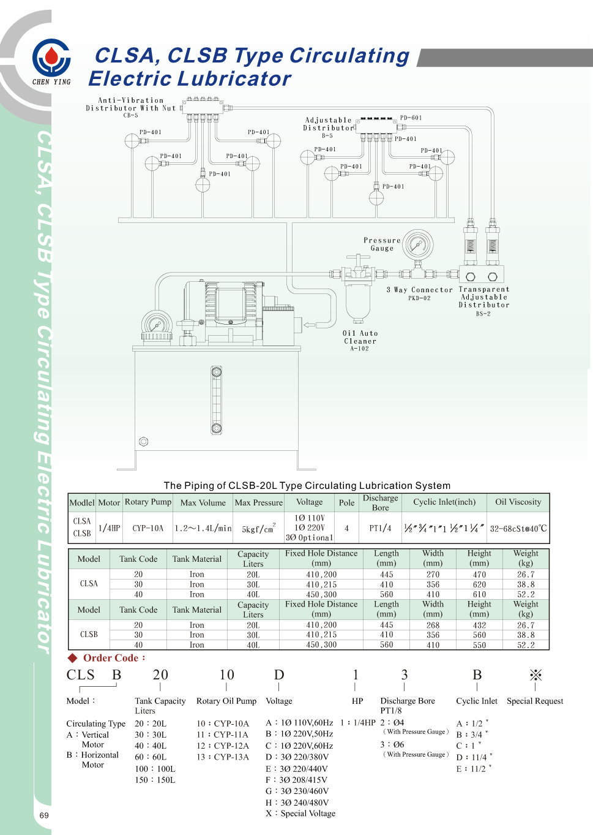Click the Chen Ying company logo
51,61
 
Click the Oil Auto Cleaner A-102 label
360,341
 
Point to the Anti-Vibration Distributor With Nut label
131,104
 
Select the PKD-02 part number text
419,298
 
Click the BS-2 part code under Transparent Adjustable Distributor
483,314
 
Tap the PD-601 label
411,118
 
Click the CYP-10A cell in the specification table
148,528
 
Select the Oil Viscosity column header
518,502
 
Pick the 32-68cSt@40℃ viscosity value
518,528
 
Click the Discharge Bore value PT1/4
380,528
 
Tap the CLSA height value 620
479,584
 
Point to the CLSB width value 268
433,625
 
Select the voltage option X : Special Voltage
300,814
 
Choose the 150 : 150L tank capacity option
155,780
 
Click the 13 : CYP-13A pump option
223,757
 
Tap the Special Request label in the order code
535,701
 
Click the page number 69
44,815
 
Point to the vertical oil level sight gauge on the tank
217,400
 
